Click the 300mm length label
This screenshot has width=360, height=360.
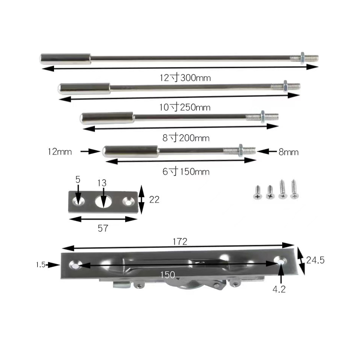click(185, 77)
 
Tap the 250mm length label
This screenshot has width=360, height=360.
click(185, 107)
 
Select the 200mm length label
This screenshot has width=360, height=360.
click(186, 138)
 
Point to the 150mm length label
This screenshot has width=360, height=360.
click(186, 171)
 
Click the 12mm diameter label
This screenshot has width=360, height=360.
click(60, 152)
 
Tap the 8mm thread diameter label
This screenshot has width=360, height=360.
click(288, 152)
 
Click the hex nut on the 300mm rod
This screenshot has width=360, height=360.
click(302, 58)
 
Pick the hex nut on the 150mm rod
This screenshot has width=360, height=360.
click(241, 150)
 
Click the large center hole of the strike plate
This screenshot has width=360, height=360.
click(104, 202)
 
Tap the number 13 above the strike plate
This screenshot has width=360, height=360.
click(102, 183)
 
